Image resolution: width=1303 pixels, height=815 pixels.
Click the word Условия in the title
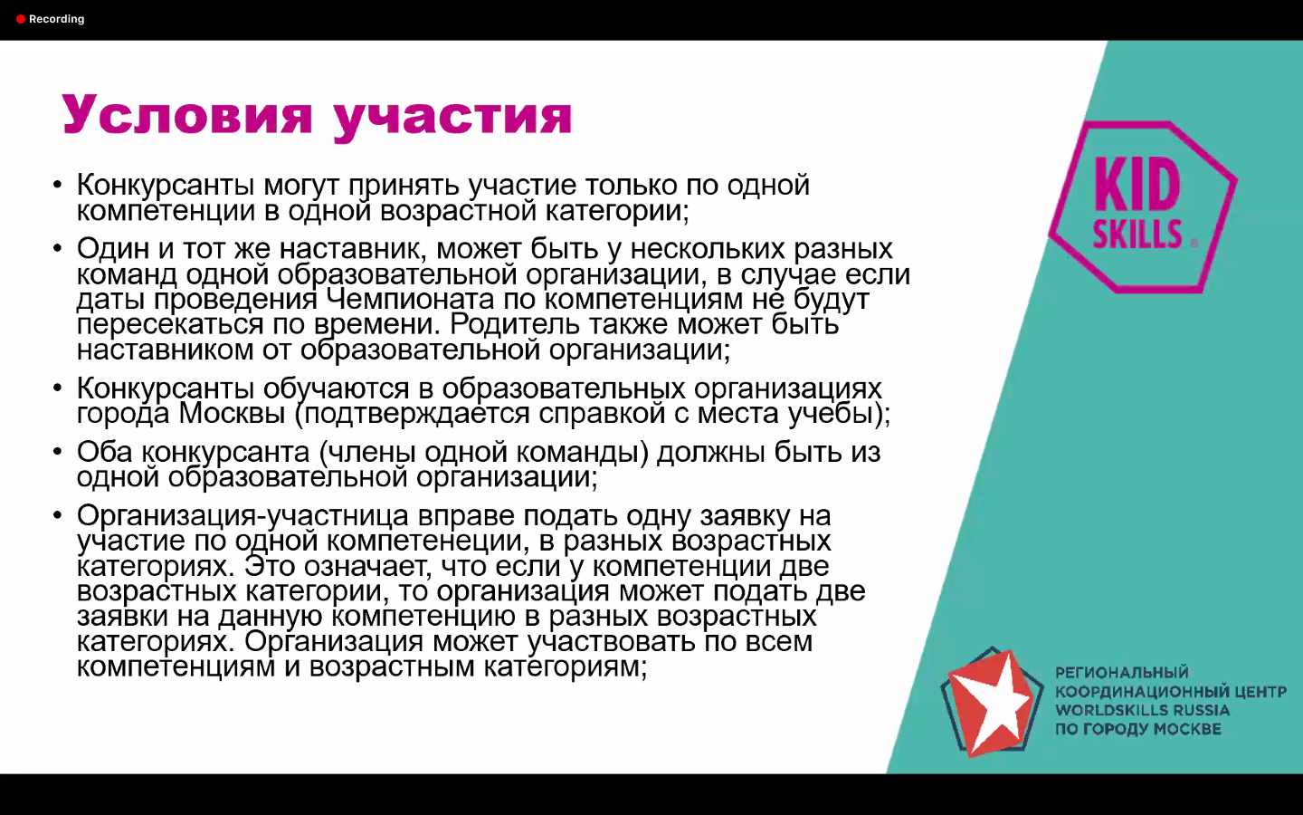[187, 115]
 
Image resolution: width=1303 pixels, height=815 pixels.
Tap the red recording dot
[20, 19]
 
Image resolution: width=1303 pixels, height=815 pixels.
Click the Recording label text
[56, 19]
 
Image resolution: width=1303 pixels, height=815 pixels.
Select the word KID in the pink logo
[1137, 185]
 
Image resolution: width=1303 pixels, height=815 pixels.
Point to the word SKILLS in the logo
[1137, 234]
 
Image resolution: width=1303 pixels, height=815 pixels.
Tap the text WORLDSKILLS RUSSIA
[1143, 710]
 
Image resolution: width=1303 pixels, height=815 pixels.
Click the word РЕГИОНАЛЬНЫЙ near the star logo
[1122, 673]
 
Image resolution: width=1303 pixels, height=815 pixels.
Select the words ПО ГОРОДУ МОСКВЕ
[1138, 729]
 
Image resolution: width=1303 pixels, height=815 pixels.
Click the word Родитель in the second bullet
[516, 324]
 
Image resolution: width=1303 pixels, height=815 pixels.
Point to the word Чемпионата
[410, 299]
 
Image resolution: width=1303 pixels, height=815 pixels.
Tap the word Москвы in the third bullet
[232, 413]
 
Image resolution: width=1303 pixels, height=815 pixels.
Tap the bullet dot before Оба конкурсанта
[57, 452]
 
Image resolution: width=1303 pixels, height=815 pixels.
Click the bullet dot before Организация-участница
[57, 515]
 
